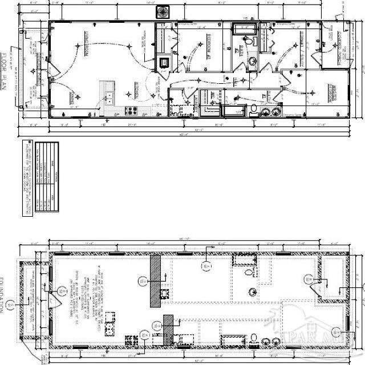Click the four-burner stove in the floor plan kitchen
131,110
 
